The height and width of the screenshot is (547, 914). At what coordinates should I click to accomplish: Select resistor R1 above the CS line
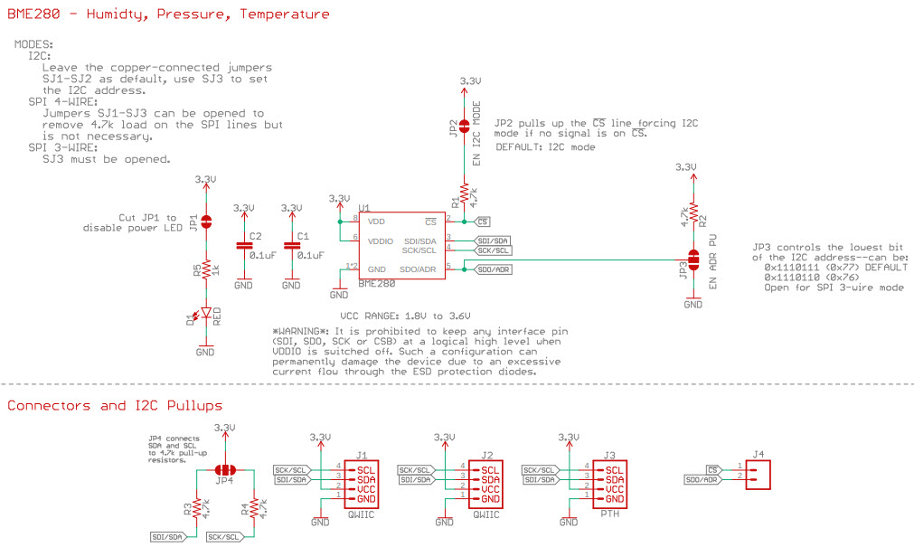464,192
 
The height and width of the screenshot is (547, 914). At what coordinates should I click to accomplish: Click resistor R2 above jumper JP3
693,214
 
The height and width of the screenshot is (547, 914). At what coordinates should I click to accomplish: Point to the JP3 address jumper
693,259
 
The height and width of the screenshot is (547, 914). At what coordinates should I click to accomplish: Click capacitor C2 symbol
243,245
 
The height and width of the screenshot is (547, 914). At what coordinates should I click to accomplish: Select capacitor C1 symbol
291,245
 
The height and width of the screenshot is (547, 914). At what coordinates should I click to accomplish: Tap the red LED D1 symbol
206,314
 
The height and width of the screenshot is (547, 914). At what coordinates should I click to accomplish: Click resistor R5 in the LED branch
206,269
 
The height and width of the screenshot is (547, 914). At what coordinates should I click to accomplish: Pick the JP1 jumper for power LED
206,222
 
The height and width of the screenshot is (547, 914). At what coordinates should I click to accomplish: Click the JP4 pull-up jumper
224,470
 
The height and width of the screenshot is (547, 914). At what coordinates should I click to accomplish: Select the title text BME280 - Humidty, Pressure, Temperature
168,14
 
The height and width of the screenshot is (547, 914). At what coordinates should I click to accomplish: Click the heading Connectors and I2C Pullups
115,406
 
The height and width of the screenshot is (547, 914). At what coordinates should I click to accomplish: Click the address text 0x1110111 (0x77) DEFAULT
836,268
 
